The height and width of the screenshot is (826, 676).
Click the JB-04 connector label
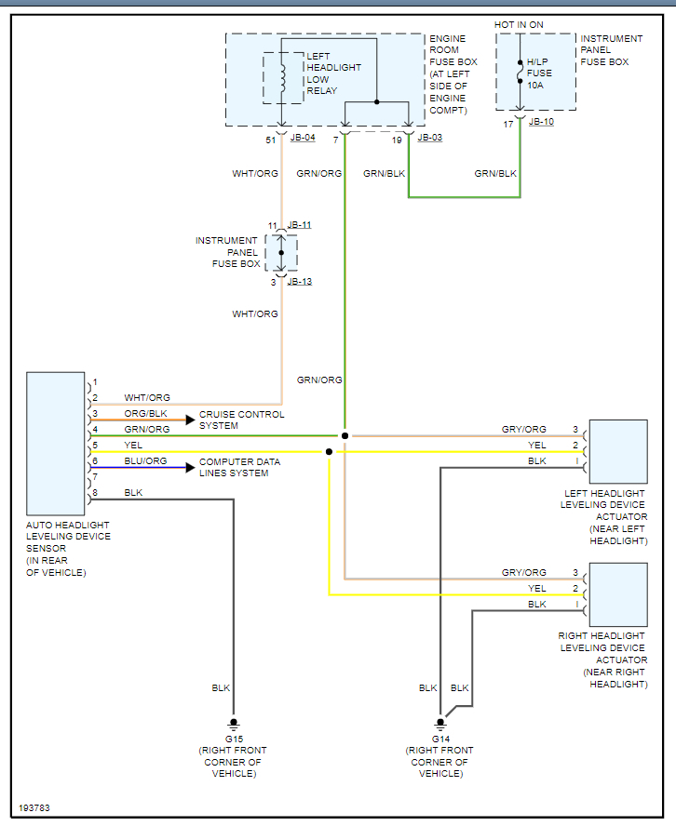click(x=303, y=138)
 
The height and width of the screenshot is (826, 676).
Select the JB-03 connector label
click(x=430, y=138)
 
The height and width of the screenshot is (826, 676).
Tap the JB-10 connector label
click(x=541, y=122)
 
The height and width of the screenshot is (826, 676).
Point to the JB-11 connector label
click(x=300, y=225)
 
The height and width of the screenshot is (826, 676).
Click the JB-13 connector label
click(x=300, y=281)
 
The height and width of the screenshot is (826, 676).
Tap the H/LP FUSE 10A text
click(x=539, y=73)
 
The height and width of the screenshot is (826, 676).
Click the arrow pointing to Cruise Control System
click(x=190, y=420)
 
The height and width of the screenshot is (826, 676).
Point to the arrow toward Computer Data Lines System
click(x=190, y=467)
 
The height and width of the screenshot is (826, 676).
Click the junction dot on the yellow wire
click(x=329, y=452)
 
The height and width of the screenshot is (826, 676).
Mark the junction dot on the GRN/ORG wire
click(x=345, y=435)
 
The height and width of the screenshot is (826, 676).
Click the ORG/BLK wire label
click(x=145, y=414)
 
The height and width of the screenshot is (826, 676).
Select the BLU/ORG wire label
click(x=145, y=461)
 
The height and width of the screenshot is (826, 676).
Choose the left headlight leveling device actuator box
click(x=618, y=451)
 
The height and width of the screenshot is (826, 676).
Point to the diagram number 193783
click(x=34, y=807)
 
